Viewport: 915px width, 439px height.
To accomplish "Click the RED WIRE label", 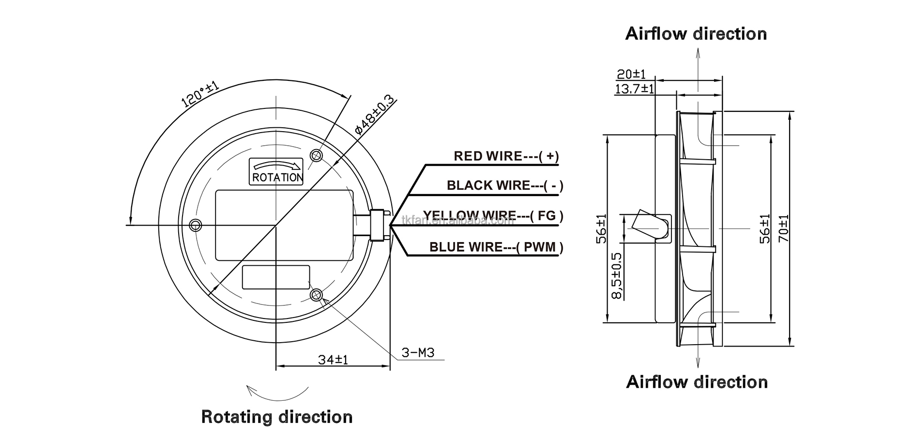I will pos(506,156).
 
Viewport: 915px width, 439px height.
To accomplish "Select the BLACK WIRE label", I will pos(505,185).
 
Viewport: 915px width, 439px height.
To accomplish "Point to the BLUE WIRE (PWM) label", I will pos(496,247).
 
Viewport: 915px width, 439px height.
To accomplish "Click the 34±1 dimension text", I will pos(333,360).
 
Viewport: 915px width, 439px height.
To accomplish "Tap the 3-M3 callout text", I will pos(418,352).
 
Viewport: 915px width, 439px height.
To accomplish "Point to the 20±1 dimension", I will pos(631,74).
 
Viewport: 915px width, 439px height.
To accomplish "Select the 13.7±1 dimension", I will pos(634,89).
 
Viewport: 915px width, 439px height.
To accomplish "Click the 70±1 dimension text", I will pos(783,228).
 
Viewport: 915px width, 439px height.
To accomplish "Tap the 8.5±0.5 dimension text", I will pos(617,275).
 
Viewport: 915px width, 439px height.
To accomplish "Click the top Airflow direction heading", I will pos(696,34).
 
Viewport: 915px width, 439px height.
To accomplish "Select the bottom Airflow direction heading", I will pos(697,382).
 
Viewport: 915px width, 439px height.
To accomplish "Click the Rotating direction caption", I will pos(276,417).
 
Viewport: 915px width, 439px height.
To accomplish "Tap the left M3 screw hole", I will pos(196,225).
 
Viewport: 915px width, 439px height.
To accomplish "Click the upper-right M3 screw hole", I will pos(317,155).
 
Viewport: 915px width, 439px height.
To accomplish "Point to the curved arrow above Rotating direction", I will pos(277,393).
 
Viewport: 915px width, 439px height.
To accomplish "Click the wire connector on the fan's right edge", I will pos(378,226).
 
